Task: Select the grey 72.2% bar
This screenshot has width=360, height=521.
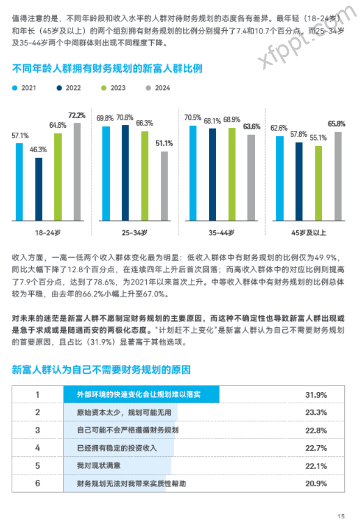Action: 77,171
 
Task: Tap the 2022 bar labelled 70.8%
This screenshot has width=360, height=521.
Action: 125,172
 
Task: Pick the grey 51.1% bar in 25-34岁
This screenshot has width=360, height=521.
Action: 164,186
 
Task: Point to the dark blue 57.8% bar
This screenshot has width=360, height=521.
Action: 299,181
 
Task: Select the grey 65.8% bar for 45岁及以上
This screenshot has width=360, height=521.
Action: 338,176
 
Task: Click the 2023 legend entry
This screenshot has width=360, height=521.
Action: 113,88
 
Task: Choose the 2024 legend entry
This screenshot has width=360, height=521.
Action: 157,88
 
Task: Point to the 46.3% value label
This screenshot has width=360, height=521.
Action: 39,149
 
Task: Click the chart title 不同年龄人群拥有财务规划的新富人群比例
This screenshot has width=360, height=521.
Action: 107,69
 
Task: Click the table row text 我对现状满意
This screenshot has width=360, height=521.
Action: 99,466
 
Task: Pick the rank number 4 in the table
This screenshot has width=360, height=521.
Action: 37,448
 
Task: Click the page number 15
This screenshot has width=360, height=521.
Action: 341,515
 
